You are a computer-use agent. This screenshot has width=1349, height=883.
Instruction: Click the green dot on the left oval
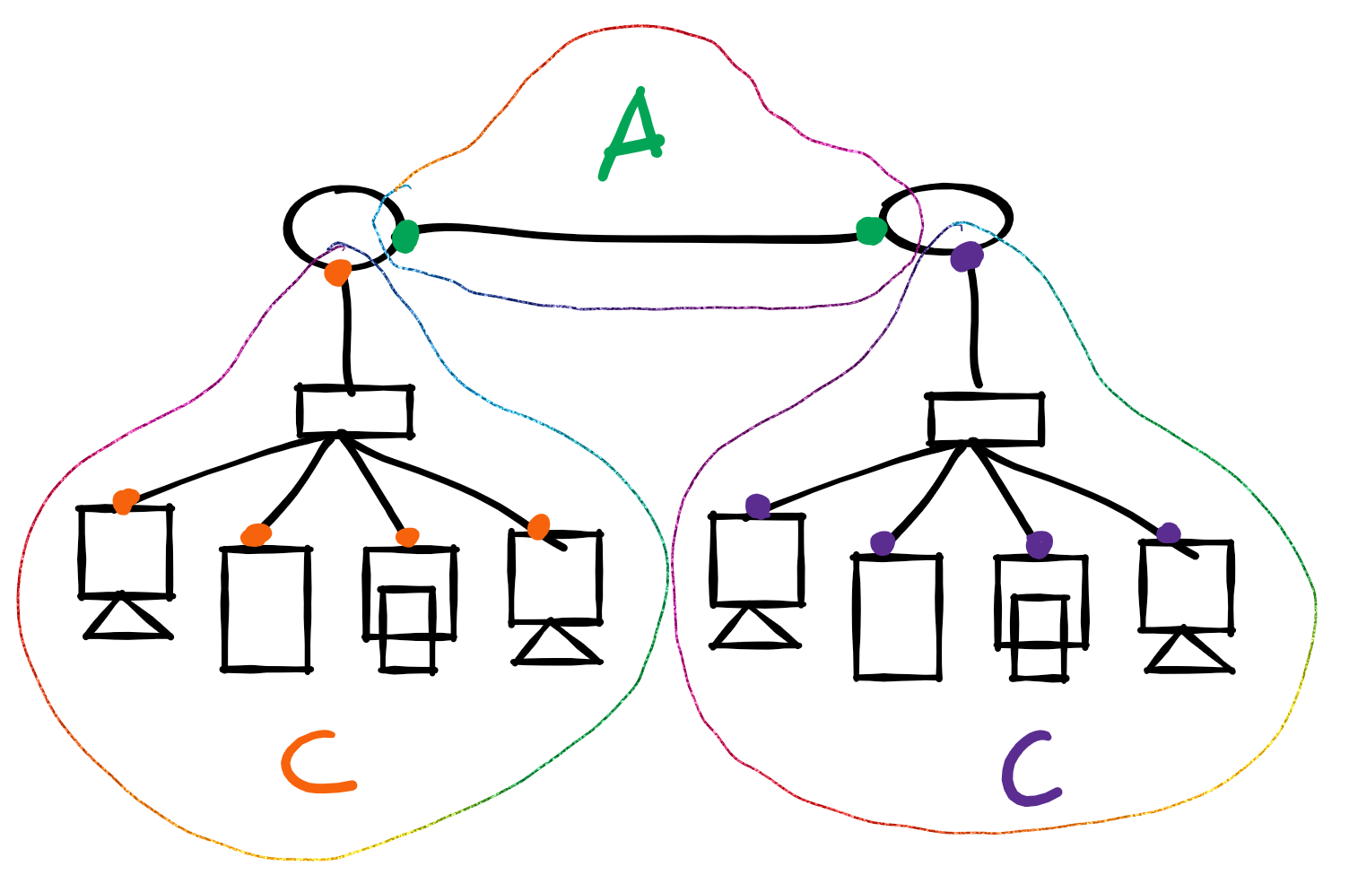[x=405, y=236]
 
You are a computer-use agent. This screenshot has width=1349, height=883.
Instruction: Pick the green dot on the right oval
[x=870, y=230]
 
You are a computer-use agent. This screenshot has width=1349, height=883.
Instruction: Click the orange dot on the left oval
[x=338, y=272]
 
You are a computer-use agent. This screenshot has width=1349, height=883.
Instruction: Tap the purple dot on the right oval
[x=966, y=257]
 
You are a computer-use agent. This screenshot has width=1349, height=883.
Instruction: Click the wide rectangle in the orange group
[x=355, y=411]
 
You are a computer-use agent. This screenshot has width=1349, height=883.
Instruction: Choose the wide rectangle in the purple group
[x=986, y=420]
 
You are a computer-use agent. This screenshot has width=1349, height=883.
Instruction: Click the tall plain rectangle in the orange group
[x=266, y=609]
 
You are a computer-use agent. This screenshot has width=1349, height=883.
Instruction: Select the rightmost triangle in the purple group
[x=1188, y=654]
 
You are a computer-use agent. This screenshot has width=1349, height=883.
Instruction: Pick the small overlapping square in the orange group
[x=407, y=628]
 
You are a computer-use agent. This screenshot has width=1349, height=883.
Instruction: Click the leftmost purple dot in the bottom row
[x=758, y=506]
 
